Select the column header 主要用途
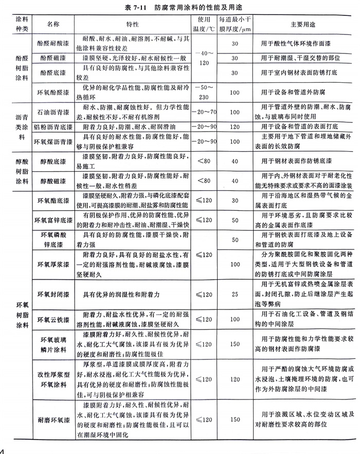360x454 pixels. (294, 24)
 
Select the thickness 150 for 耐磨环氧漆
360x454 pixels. (236, 420)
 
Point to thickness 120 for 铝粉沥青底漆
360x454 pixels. (236, 125)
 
